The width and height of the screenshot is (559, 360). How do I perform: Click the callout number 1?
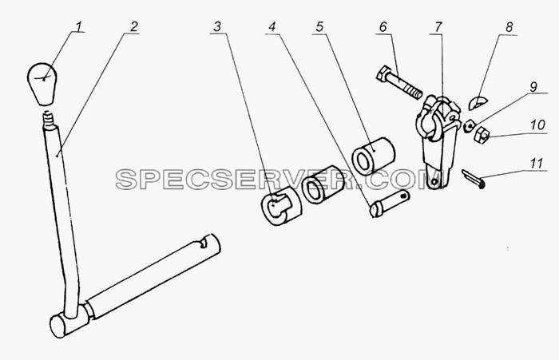coord(78,26)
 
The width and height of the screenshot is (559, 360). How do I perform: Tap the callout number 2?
coord(133,26)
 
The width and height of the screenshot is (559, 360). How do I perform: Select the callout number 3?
coord(217,26)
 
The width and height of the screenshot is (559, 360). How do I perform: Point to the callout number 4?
coord(272,26)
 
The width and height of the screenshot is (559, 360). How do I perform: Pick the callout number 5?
coord(319,26)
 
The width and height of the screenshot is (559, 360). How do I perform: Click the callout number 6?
coord(383,26)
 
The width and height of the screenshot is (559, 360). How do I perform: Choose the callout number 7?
coord(438,26)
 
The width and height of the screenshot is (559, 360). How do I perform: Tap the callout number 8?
coord(509,26)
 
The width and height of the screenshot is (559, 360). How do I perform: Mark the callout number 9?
coord(533,87)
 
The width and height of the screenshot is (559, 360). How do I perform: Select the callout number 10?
coord(537,125)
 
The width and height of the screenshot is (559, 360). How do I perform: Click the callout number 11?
coord(536,164)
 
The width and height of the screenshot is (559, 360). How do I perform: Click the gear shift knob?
coord(42,84)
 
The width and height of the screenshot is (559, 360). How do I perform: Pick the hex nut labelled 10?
coord(481,134)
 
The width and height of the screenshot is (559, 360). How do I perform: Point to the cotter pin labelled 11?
coord(473,178)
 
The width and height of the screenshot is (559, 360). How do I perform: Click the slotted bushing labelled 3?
coord(281,209)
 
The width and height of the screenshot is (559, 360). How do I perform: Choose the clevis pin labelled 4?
coord(390,204)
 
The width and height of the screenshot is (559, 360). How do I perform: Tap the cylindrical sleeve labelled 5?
coord(373,156)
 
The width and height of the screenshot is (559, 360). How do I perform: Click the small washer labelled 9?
coord(470,126)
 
